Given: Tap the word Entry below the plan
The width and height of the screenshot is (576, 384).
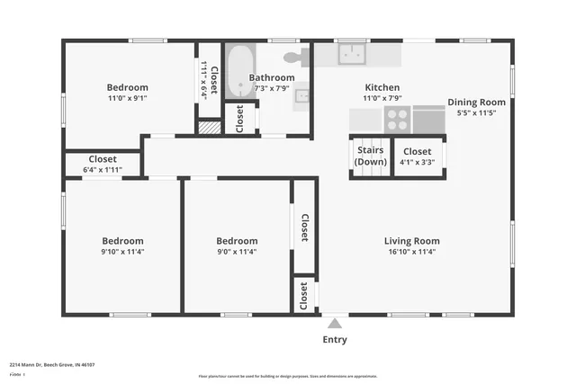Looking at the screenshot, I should point(335,340).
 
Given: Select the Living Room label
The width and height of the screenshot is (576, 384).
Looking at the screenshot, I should point(411,241).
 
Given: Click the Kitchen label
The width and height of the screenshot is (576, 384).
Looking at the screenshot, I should point(382,87).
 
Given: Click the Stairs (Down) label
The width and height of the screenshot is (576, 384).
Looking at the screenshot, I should point(371,156).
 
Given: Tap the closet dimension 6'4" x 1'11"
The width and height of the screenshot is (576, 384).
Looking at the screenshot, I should point(102,169).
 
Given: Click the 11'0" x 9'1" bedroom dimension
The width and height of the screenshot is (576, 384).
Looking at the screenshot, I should point(128,98).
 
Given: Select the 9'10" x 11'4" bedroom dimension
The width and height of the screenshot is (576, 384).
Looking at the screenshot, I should point(121,252).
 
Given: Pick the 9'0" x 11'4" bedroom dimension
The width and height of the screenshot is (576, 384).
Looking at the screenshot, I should point(237,252).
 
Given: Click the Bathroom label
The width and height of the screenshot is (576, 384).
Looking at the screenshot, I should point(272,77).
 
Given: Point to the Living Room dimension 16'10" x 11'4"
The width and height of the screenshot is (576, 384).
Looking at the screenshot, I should point(411,252).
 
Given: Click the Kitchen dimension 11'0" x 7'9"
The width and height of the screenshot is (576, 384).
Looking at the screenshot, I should point(382,98).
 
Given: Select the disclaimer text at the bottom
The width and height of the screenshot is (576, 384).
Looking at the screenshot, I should point(288,377).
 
